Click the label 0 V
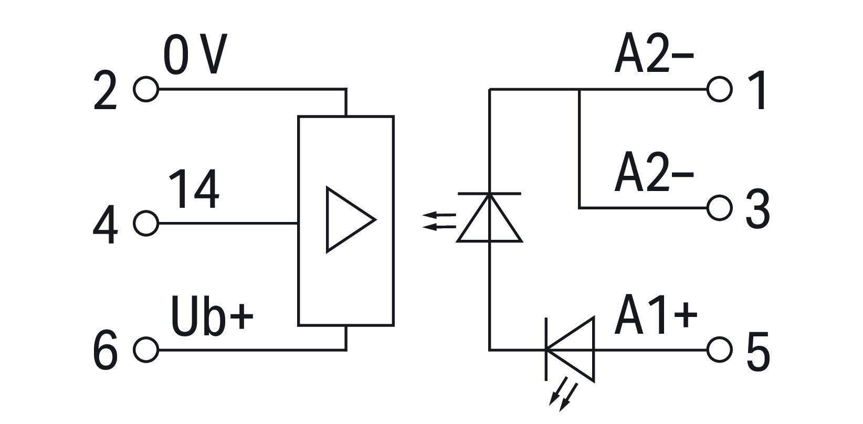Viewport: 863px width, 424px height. coord(195,54)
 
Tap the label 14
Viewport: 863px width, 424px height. coord(194,189)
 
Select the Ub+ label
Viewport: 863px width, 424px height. coord(212,316)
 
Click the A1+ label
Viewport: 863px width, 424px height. coord(656,315)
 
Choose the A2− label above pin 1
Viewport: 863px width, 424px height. coord(654,53)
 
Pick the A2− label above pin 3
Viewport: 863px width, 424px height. coord(654,172)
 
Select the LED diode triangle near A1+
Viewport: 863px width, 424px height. coord(593,349)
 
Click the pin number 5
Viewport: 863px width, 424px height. coord(758,352)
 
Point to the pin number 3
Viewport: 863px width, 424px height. coord(758,209)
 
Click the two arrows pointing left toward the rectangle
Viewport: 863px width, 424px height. coord(439,221)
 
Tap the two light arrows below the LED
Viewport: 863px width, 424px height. coord(563,397)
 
